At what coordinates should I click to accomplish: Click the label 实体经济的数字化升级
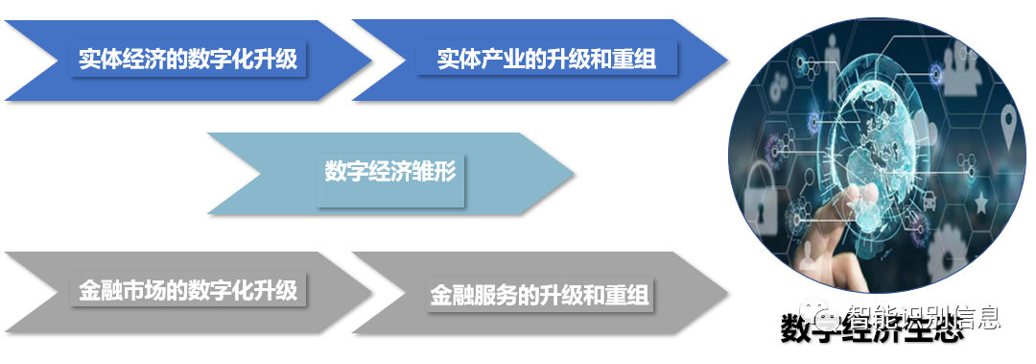pyautogui.click(x=188, y=60)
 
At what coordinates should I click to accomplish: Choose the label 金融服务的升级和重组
pyautogui.click(x=539, y=294)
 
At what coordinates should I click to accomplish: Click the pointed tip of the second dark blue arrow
pyautogui.click(x=727, y=60)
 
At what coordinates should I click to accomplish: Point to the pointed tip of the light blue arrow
pyautogui.click(x=574, y=174)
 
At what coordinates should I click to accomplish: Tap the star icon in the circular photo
pyautogui.click(x=980, y=204)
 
